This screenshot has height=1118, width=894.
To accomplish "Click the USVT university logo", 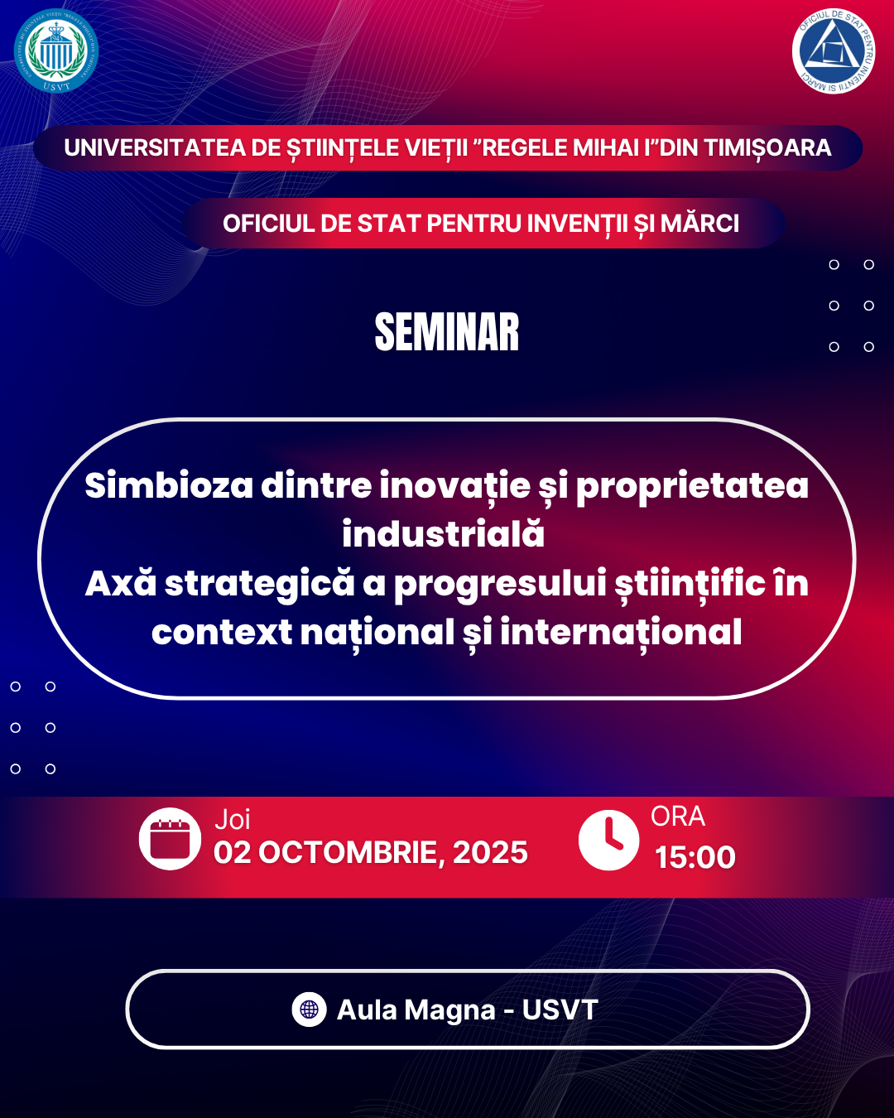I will (x=56, y=51).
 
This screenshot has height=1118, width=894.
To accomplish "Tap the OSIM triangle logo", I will (x=833, y=51).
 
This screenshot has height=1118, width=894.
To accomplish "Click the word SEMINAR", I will (x=447, y=332).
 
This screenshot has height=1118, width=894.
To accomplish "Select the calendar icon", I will (x=170, y=839).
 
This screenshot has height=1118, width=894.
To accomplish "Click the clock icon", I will (x=608, y=840).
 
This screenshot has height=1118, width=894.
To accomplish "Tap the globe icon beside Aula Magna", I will (x=309, y=1010).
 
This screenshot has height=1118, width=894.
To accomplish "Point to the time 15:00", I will (x=695, y=857).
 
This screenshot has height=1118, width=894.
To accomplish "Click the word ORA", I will (x=678, y=817).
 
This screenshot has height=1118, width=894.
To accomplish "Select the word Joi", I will (x=232, y=820).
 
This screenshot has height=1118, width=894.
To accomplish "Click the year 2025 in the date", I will (x=490, y=853).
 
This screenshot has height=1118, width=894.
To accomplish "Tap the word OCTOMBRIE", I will (x=348, y=853).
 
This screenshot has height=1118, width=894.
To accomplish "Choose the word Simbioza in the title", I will (x=169, y=485).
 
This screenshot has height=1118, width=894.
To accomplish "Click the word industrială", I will (x=444, y=534).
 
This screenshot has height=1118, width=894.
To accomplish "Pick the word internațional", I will (x=621, y=632).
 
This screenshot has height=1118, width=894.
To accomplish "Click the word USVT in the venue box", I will (x=560, y=1010).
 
